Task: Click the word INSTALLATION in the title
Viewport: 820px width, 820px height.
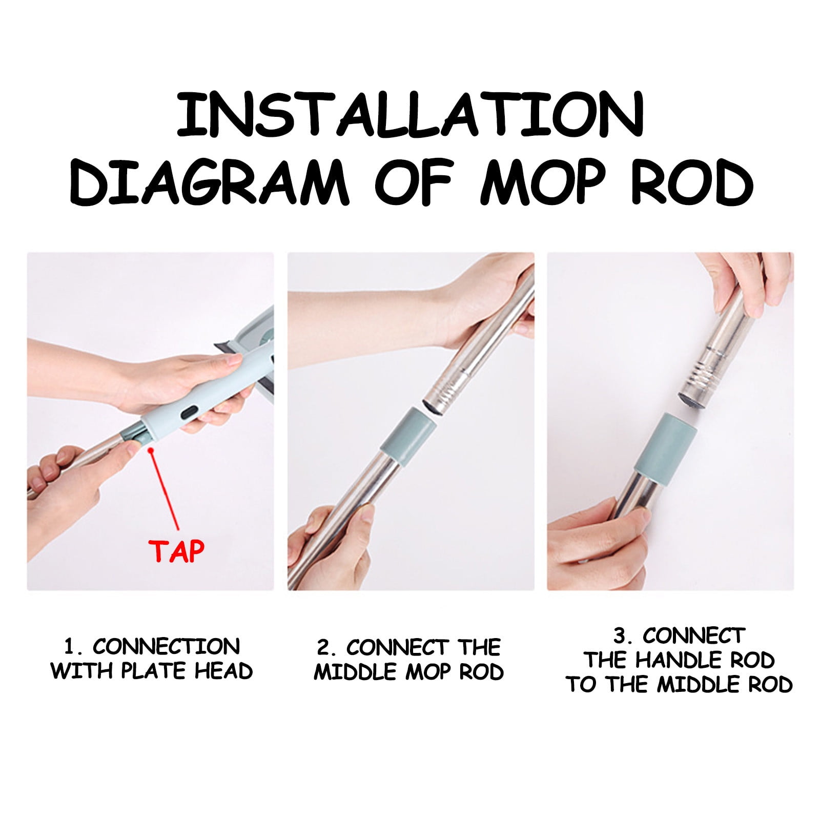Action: pyautogui.click(x=410, y=114)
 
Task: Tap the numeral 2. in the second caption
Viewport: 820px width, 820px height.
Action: pyautogui.click(x=326, y=648)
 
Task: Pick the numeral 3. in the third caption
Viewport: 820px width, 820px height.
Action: pyautogui.click(x=623, y=636)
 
